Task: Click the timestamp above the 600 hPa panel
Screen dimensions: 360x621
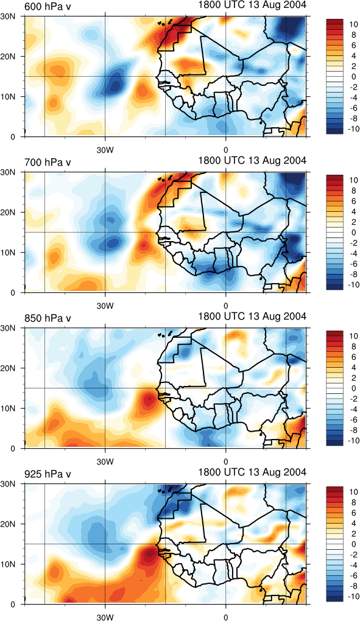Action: pos(252,5)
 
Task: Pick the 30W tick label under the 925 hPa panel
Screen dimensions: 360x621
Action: pos(105,617)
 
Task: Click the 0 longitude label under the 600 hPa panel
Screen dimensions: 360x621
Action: pos(226,151)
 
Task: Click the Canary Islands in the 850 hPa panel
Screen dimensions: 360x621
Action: pos(166,334)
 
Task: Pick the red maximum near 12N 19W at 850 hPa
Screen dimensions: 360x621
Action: pos(148,401)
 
